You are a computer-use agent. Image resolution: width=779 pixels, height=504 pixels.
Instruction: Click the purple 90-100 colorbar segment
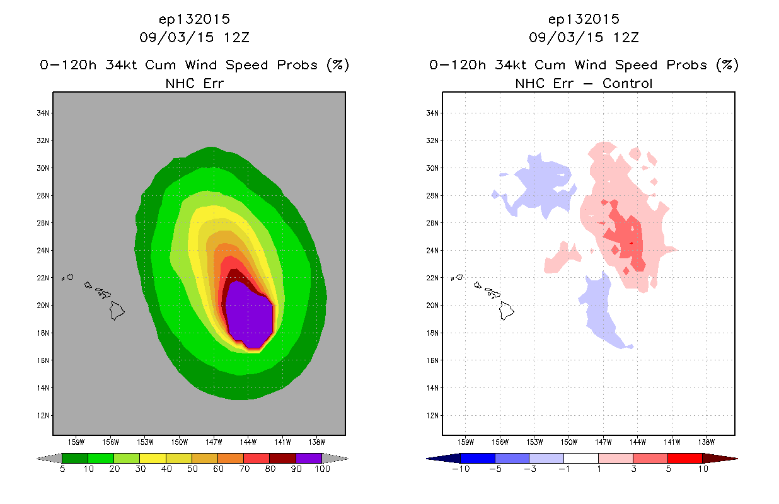tap(309, 458)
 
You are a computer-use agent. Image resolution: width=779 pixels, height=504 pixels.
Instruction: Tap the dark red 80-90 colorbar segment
tap(283, 458)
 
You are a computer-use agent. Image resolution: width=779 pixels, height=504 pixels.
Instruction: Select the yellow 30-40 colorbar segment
tap(153, 458)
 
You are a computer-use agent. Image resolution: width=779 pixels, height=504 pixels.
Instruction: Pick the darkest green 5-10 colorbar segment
tap(75, 458)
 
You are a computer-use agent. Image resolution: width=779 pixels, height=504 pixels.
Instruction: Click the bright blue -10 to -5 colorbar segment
tap(478, 458)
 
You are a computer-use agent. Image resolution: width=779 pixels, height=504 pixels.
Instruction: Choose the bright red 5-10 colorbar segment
tap(685, 458)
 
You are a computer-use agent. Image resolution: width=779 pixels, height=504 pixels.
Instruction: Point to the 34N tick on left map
tap(43, 113)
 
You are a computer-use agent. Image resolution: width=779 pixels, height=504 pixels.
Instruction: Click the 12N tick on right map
tap(432, 415)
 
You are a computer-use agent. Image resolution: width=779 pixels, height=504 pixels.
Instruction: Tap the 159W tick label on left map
tap(76, 442)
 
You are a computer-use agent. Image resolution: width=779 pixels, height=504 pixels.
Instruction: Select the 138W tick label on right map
tap(707, 442)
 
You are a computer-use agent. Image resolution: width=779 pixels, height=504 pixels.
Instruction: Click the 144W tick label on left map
tap(248, 442)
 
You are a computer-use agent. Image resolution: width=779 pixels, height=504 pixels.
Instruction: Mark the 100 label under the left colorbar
tap(322, 469)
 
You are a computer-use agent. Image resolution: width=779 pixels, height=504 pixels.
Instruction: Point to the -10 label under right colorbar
tap(461, 469)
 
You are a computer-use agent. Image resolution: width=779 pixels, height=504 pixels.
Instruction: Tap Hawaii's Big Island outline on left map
tap(117, 311)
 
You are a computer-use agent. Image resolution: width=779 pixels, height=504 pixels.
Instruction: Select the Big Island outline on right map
tap(507, 311)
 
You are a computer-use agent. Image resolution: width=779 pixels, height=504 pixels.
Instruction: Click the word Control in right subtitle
tap(627, 83)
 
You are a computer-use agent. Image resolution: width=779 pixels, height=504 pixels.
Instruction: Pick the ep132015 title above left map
tap(194, 19)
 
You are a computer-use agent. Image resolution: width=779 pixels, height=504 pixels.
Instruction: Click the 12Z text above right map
tap(626, 37)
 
